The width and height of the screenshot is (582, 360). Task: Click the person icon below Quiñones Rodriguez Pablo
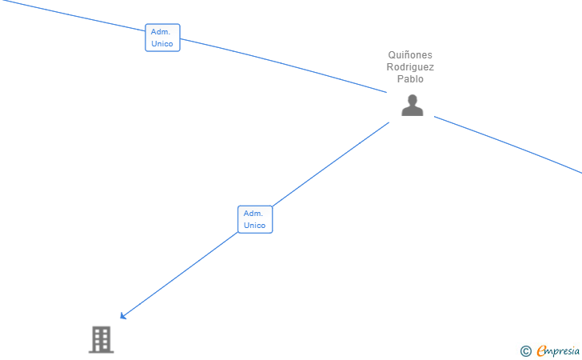(412, 106)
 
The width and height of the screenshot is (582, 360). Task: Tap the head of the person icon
(412, 100)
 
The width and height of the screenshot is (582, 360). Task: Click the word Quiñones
(410, 55)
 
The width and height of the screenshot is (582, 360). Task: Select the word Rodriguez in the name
(410, 67)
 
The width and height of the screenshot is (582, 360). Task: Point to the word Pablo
(410, 79)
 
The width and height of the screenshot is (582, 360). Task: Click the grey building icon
(101, 339)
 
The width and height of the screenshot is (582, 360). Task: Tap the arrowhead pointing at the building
(123, 316)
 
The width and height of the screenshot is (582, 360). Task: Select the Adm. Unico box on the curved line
(162, 38)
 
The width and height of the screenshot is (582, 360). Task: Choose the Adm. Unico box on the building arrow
(254, 219)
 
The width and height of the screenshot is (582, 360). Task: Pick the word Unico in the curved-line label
(161, 44)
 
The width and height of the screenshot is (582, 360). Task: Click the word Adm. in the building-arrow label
(253, 214)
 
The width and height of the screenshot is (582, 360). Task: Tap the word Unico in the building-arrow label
(254, 226)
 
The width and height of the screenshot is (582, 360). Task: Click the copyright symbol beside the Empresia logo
(525, 350)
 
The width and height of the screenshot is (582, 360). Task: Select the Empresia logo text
(558, 350)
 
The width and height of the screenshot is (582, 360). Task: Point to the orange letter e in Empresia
(541, 350)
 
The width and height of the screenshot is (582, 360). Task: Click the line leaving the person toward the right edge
(512, 143)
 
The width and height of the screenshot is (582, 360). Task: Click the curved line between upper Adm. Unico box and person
(288, 63)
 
